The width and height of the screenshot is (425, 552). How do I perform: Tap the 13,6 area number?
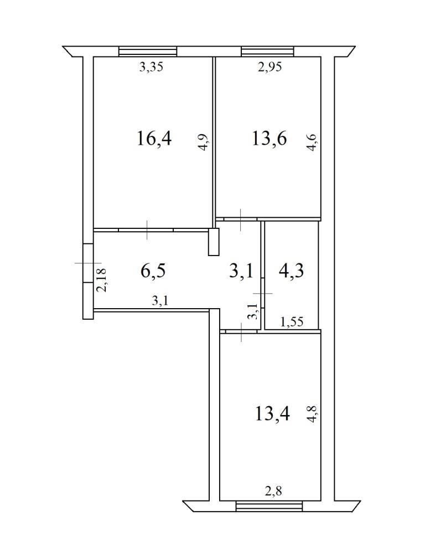269,137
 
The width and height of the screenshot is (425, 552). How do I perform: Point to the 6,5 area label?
153,271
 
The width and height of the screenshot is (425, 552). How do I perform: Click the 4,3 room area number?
291,271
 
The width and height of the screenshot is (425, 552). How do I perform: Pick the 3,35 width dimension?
151,67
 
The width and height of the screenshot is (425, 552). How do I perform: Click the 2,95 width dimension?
270,67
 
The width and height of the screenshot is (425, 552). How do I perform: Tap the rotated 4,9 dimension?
204,142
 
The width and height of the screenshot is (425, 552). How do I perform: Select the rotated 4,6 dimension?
312,142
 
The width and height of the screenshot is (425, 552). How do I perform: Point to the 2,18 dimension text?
102,280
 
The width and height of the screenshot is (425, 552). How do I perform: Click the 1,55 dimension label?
292,321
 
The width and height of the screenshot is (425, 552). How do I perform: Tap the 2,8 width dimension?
273,490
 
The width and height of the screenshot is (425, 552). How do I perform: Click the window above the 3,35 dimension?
148,52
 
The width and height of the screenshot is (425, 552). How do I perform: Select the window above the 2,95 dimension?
267,52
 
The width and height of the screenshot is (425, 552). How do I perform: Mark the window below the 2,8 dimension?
269,506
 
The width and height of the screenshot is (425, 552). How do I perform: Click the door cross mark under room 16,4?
147,230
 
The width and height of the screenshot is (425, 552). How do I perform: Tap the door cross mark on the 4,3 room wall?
263,293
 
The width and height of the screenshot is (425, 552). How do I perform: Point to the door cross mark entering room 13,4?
241,331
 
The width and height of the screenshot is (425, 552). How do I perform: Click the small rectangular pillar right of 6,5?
214,242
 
